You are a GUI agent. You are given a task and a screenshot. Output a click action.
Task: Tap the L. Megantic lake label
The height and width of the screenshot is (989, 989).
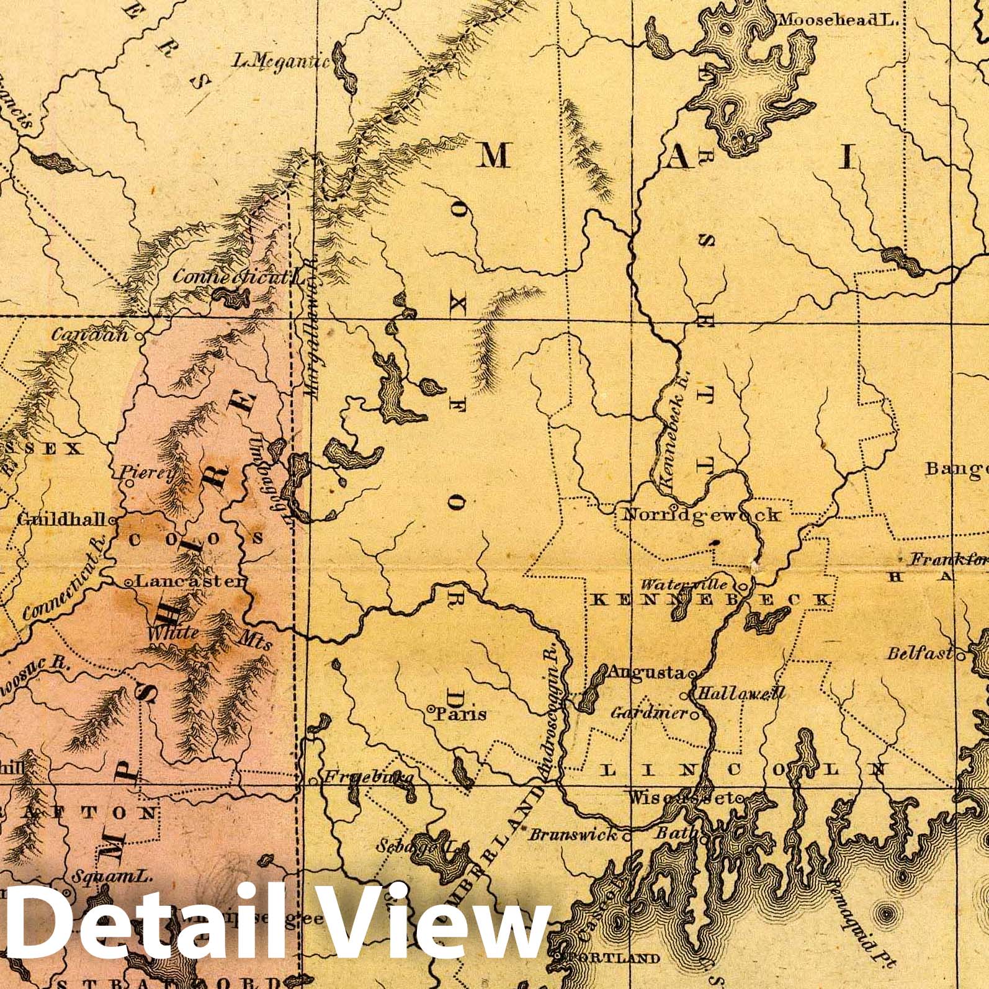click(x=281, y=61)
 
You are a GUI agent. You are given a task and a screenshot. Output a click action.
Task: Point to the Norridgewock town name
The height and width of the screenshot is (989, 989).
click(x=700, y=514)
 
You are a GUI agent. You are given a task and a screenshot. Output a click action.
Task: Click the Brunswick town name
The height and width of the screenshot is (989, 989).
click(x=573, y=835)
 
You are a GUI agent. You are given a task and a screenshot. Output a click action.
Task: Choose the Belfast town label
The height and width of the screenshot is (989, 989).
click(x=919, y=653)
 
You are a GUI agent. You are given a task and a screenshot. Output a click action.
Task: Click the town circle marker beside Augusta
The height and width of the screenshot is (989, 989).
click(x=691, y=673)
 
